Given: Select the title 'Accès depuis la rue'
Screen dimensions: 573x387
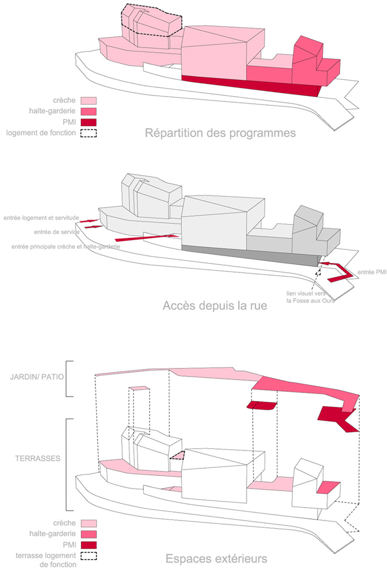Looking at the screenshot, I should [215, 305].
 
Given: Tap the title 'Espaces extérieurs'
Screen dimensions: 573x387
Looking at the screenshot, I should [216, 559].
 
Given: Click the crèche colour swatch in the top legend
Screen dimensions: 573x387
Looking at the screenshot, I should [89, 100].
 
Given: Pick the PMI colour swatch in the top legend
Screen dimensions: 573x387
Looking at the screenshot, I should [89, 122].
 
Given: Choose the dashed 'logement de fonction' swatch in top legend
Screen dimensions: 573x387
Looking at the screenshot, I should [89, 133].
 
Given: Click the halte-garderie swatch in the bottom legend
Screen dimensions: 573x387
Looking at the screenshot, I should [89, 534].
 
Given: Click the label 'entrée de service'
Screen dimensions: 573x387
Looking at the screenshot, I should [56, 232].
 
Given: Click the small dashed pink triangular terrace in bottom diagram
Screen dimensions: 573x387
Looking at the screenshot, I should [177, 456].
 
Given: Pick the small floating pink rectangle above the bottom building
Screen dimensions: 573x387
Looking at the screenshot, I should [140, 388].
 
